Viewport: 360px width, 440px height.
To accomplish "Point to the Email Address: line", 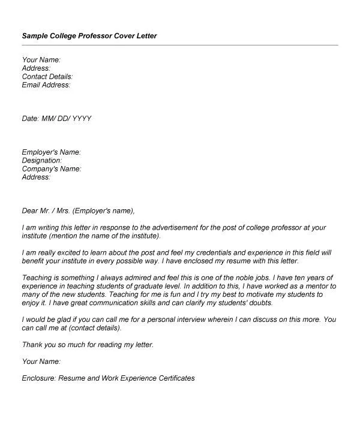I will pyautogui.click(x=46, y=85).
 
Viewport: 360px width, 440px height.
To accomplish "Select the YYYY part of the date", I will pyautogui.click(x=82, y=119).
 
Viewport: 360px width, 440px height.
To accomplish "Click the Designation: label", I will pyautogui.click(x=42, y=161).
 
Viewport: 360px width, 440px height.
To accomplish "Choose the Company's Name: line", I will pyautogui.click(x=52, y=169).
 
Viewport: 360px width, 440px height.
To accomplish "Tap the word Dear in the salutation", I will pyautogui.click(x=30, y=210).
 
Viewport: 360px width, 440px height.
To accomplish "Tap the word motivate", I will pyautogui.click(x=260, y=295).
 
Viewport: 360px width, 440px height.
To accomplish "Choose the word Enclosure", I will pyautogui.click(x=40, y=378).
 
